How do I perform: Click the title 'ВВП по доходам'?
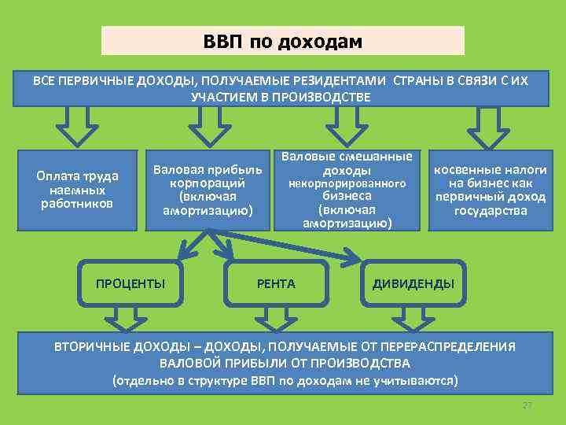[283, 41]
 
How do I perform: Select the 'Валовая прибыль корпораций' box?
[208, 190]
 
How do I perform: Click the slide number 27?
[527, 405]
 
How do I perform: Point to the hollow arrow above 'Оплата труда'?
[75, 126]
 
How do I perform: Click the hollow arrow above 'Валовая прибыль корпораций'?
[206, 126]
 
